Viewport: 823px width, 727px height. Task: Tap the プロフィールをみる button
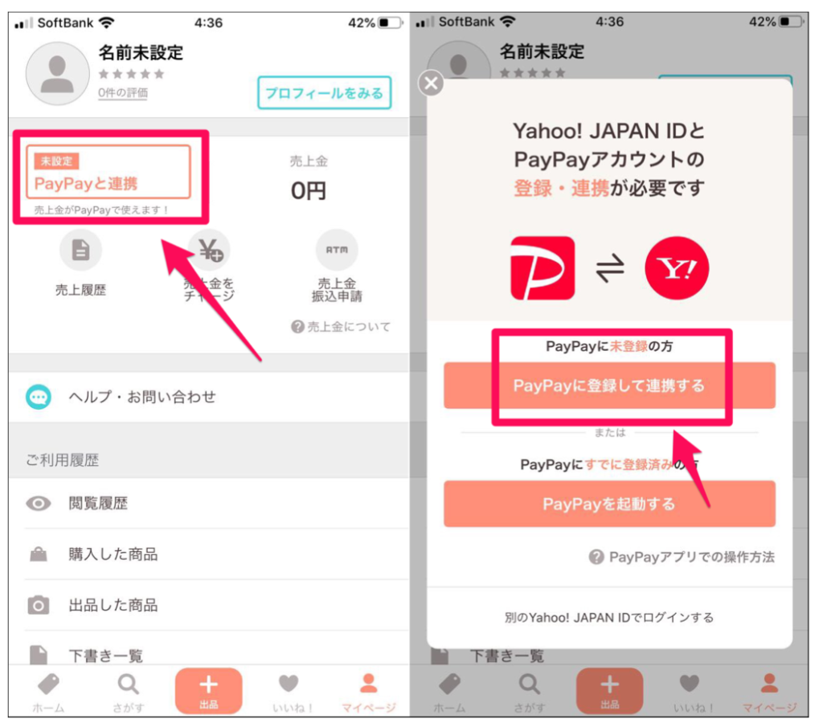click(x=324, y=93)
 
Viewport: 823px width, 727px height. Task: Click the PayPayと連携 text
click(x=86, y=183)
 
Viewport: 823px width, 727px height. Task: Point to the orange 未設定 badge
click(x=56, y=161)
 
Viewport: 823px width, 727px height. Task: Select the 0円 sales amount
click(x=309, y=190)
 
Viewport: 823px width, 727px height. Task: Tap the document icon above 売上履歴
click(x=80, y=250)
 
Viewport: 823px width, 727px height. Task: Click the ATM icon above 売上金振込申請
click(x=337, y=250)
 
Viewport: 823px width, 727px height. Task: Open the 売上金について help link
click(x=342, y=327)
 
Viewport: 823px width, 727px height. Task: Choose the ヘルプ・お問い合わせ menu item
click(x=141, y=397)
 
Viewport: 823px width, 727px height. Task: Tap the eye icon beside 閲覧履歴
click(x=38, y=504)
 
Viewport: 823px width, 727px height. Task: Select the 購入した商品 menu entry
click(x=113, y=554)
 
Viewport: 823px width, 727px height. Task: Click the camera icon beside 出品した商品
click(x=38, y=606)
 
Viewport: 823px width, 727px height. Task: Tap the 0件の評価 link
click(x=123, y=93)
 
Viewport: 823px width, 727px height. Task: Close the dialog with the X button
click(x=432, y=83)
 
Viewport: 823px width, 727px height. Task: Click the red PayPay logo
click(x=543, y=268)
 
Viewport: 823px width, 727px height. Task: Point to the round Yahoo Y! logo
click(x=677, y=268)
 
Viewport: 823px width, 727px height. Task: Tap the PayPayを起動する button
click(x=609, y=504)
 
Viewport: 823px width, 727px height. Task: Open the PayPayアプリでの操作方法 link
click(x=682, y=557)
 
